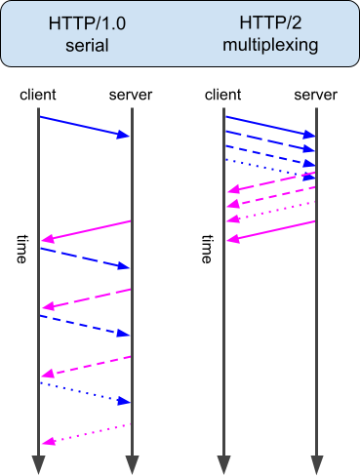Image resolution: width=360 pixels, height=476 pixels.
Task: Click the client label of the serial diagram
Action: point(38,95)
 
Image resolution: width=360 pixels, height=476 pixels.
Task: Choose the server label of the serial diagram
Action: point(132,95)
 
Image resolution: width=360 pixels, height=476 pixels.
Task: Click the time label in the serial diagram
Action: point(25,249)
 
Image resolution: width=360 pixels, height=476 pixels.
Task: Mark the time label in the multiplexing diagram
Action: point(207,249)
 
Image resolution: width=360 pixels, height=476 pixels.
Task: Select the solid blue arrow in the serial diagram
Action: point(85,126)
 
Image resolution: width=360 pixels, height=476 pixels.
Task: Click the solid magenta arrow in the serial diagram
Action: point(85,230)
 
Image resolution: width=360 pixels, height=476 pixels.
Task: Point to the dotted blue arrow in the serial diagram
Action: point(85,391)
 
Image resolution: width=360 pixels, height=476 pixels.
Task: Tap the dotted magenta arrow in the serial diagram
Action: point(85,433)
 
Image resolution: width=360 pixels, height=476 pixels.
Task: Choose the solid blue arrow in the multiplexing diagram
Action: point(271,127)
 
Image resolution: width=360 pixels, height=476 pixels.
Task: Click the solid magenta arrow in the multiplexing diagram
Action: point(271,230)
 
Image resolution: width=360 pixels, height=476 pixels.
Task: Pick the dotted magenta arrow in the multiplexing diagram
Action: point(271,212)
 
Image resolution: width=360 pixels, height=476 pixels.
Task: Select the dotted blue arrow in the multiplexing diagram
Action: point(271,168)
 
